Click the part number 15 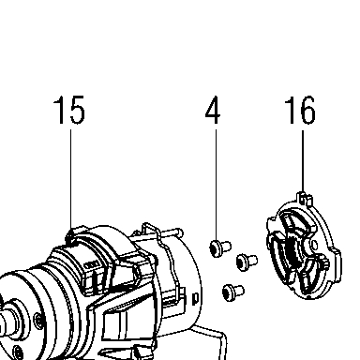point(69,110)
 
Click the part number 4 point(213,110)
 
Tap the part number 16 point(300,110)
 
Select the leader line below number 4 point(216,185)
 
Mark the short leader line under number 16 point(303,162)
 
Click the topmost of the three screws point(220,247)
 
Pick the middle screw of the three point(247,262)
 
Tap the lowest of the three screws point(233,292)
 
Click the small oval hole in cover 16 point(315,245)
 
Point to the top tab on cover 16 point(304,199)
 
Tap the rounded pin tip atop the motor point(179,232)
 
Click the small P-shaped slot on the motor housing point(196,298)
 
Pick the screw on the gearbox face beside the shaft point(37,320)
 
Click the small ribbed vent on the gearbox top point(92,264)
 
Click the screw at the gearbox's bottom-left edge point(19,352)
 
